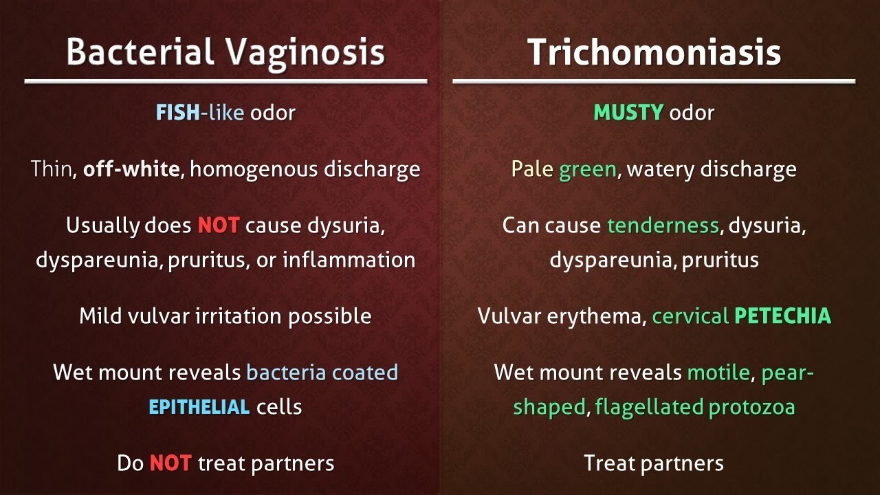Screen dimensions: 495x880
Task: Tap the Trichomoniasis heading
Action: (654, 52)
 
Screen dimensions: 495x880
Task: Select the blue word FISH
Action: (177, 112)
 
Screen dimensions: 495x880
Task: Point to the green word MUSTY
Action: (628, 112)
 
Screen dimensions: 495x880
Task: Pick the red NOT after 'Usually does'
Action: (218, 225)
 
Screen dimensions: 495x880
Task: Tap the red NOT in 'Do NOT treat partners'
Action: (170, 463)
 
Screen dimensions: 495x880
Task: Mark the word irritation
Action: (239, 316)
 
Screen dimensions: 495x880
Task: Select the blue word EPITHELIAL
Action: (199, 406)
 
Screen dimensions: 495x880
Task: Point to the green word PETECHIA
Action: (782, 316)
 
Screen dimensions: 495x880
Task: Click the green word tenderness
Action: (663, 225)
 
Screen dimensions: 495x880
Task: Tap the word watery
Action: (659, 169)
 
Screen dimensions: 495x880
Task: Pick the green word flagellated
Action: (647, 406)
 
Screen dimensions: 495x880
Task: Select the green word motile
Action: (718, 373)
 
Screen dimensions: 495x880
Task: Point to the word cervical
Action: (690, 316)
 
